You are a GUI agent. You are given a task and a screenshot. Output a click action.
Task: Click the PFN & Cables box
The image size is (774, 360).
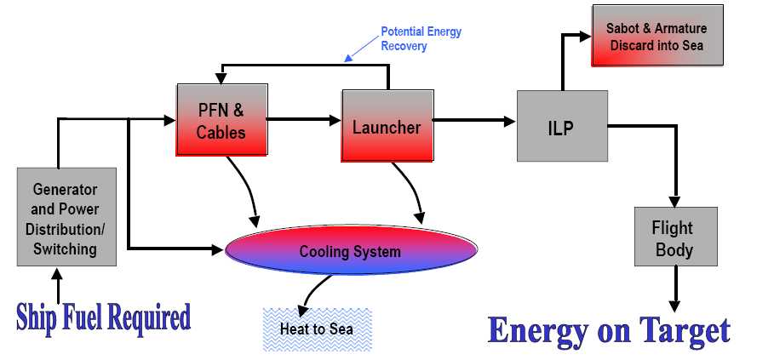click(221, 120)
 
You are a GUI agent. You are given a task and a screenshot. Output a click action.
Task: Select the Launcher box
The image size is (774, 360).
click(387, 127)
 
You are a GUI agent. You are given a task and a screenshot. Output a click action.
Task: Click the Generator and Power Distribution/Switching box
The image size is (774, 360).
click(66, 218)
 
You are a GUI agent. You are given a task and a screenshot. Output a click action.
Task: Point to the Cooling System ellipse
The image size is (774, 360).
click(350, 252)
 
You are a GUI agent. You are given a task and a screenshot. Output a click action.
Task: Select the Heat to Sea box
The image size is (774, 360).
click(317, 329)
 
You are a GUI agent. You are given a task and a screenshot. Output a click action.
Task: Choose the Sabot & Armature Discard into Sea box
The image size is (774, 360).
click(656, 37)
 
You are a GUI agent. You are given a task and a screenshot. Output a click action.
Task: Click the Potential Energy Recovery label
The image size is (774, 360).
click(421, 39)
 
